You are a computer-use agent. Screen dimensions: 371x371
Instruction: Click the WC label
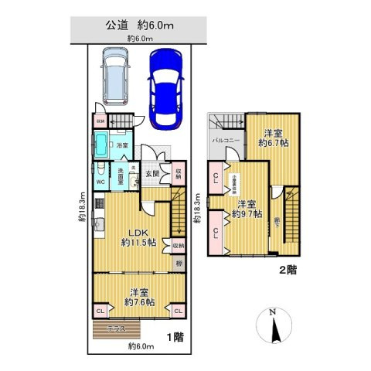point(100,182)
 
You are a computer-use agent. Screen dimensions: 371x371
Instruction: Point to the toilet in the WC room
point(100,171)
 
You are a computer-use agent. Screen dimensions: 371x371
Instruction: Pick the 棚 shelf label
point(179,264)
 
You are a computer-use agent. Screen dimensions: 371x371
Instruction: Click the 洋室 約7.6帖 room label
point(139,297)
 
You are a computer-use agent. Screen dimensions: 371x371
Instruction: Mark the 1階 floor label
point(174,338)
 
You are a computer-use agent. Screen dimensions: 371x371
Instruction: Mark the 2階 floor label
point(287,271)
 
